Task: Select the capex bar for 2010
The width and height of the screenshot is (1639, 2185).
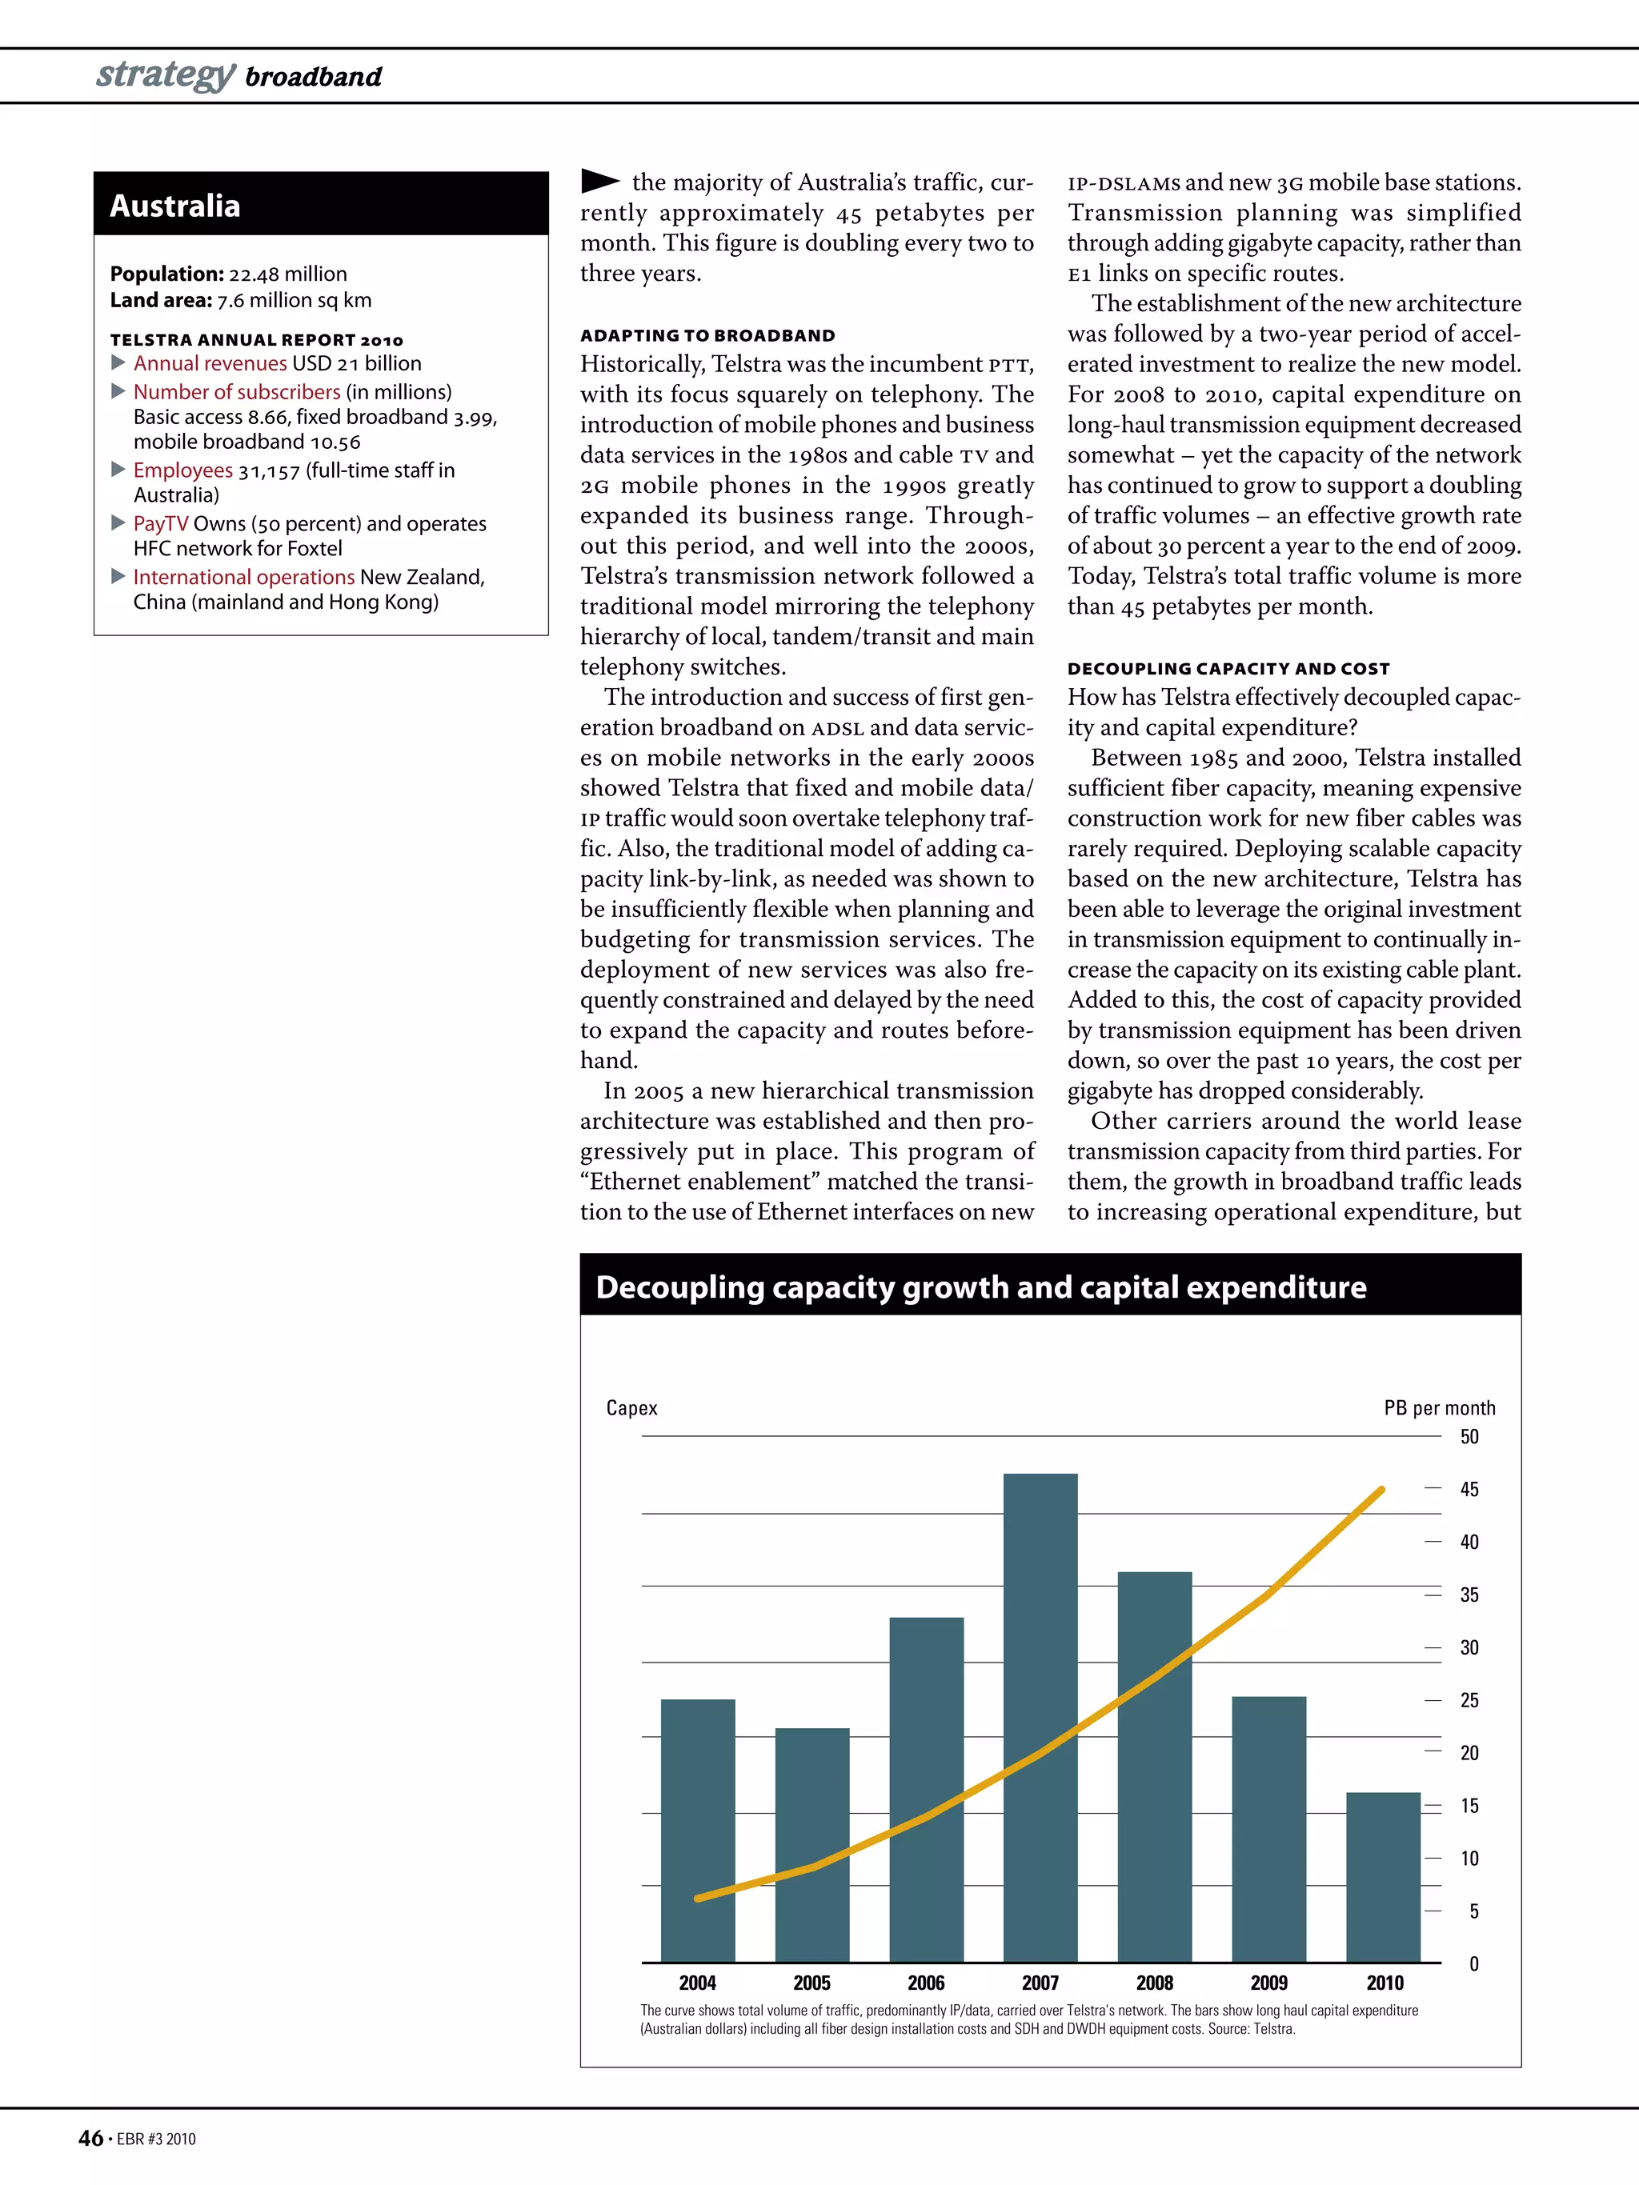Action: (1383, 1877)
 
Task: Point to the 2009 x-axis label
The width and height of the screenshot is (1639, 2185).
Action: (1268, 1983)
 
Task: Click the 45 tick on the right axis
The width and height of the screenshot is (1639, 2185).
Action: (1469, 1490)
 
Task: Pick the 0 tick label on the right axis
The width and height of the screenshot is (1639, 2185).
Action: (1473, 1963)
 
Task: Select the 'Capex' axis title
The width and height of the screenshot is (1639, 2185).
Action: (631, 1407)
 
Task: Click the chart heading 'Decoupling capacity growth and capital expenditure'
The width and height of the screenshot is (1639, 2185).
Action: (980, 1287)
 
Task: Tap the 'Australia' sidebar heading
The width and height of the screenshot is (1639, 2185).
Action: (175, 206)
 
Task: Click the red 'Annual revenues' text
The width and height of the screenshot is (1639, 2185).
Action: (210, 363)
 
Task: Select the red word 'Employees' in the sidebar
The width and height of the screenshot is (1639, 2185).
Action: (182, 470)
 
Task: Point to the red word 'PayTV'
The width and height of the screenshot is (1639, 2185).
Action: (160, 523)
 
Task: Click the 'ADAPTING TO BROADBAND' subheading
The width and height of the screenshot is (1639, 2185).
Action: (707, 336)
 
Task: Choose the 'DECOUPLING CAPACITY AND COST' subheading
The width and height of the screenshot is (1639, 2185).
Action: (1228, 669)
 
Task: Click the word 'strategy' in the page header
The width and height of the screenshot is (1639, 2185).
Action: (165, 74)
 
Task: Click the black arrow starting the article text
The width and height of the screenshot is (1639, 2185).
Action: (599, 181)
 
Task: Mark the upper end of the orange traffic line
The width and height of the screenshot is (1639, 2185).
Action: (1381, 1490)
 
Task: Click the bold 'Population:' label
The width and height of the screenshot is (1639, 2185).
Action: (167, 274)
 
